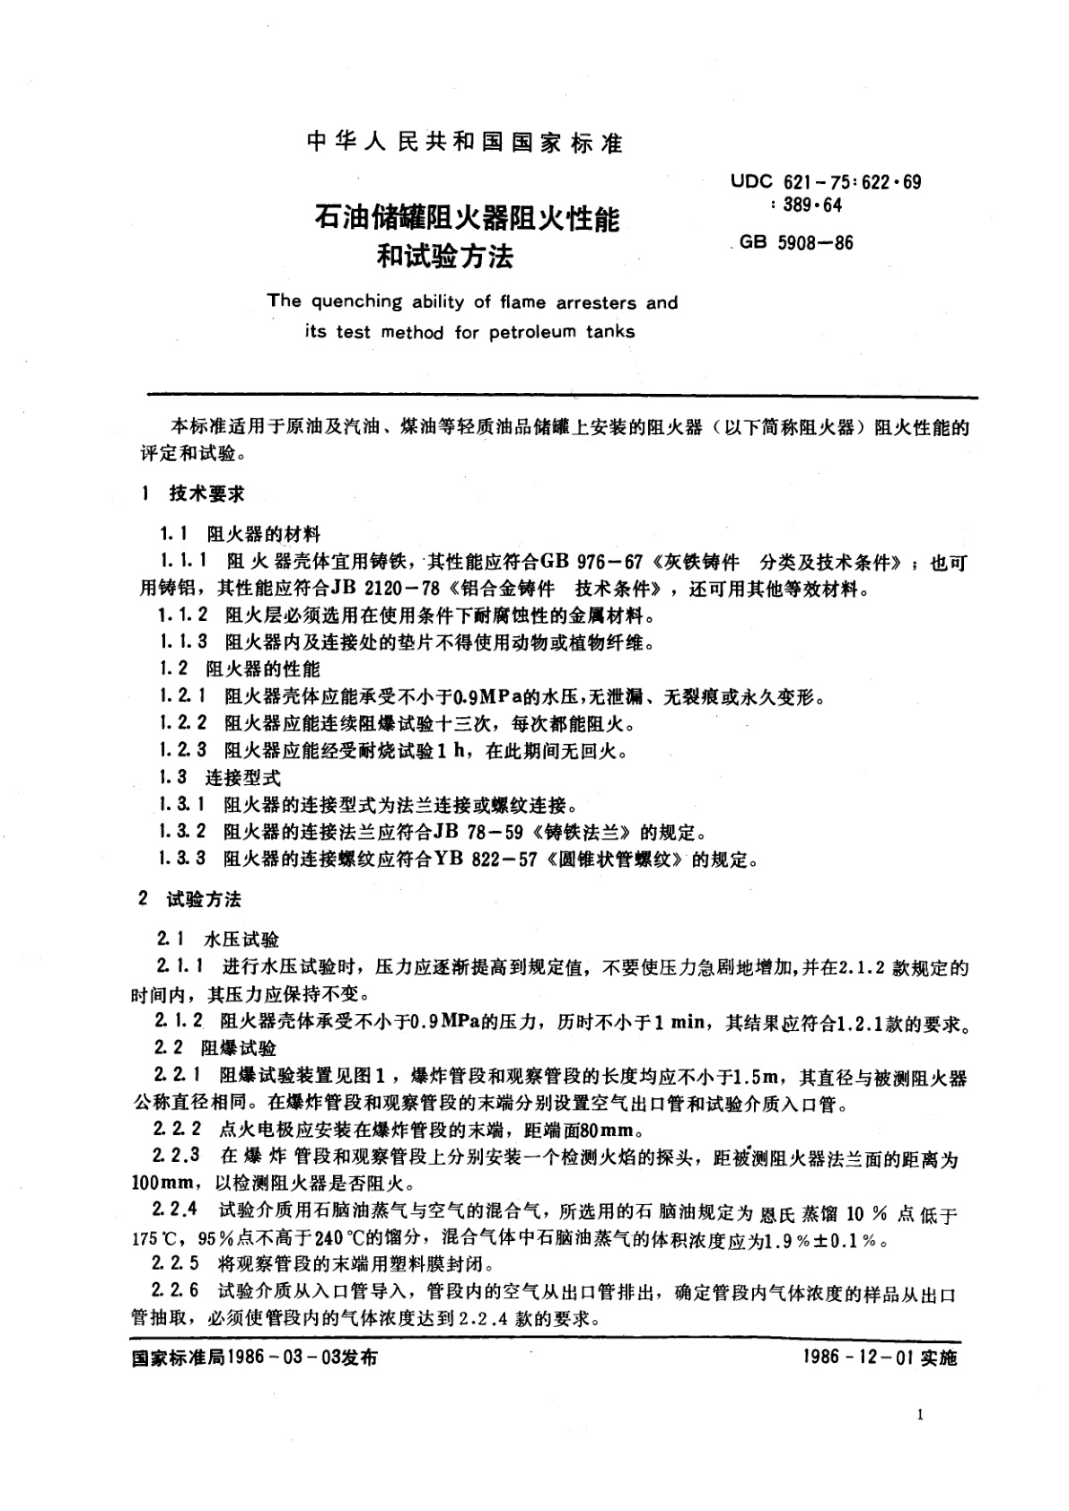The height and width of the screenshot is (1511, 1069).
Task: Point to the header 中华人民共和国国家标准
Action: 464,144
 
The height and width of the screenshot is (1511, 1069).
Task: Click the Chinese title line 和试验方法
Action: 445,258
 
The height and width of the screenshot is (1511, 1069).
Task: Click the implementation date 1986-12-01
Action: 859,1358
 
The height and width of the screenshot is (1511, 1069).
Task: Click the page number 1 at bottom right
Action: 921,1415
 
